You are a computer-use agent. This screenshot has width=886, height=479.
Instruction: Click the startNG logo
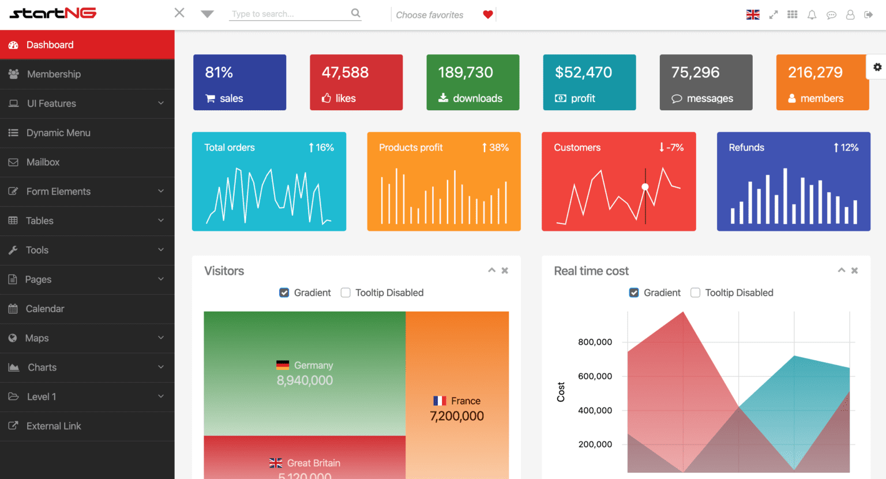click(53, 13)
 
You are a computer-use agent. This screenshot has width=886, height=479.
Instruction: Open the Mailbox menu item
click(43, 162)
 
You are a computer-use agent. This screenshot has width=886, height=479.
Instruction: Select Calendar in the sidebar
click(44, 309)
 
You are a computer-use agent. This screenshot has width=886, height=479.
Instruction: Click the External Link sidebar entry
click(53, 426)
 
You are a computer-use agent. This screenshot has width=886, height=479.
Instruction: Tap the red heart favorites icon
click(488, 14)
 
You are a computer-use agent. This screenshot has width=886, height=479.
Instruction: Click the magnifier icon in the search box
click(355, 13)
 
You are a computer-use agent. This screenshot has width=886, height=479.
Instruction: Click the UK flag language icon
click(753, 15)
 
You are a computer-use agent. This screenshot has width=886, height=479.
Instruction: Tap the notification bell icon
click(812, 15)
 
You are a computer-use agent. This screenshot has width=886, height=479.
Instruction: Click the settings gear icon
click(877, 67)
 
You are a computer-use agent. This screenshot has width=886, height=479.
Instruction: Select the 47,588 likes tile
click(356, 82)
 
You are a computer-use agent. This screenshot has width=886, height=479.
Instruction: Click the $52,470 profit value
click(583, 72)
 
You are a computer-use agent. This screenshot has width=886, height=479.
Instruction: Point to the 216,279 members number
click(815, 72)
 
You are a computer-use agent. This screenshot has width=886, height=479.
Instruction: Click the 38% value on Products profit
click(498, 148)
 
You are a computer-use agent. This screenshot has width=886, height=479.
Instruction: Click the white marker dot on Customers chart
click(645, 186)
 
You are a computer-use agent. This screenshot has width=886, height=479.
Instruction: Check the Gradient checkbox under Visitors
click(284, 293)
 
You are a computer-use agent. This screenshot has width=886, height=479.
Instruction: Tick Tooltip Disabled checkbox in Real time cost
click(695, 293)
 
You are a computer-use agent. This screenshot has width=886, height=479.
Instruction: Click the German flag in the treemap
click(283, 365)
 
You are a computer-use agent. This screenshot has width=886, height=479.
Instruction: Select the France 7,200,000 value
click(457, 416)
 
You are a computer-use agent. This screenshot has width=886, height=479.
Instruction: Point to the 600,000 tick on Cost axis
click(595, 376)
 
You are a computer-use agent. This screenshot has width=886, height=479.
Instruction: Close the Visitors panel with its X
click(505, 271)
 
